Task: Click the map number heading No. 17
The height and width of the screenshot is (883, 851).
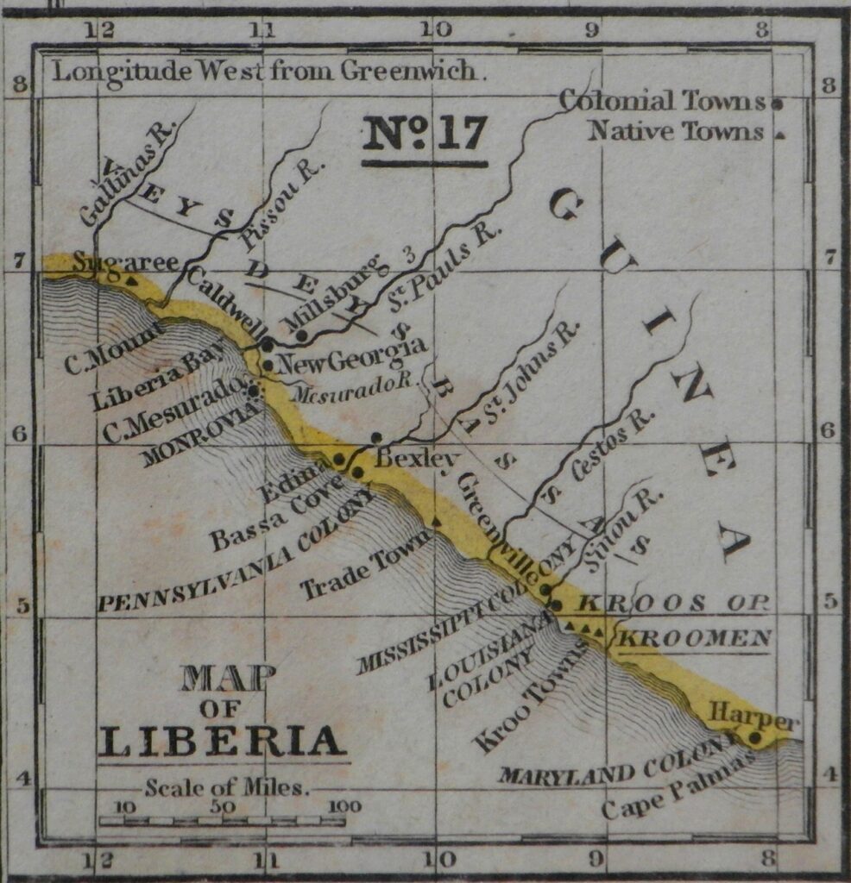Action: click(x=425, y=134)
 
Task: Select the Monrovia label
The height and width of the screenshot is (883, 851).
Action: click(x=203, y=434)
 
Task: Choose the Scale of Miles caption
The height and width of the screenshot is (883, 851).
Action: click(x=227, y=786)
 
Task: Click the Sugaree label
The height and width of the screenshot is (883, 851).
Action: click(x=125, y=261)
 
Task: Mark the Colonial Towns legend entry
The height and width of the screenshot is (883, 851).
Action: click(x=662, y=101)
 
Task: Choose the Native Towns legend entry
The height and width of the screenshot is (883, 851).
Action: click(x=676, y=132)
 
